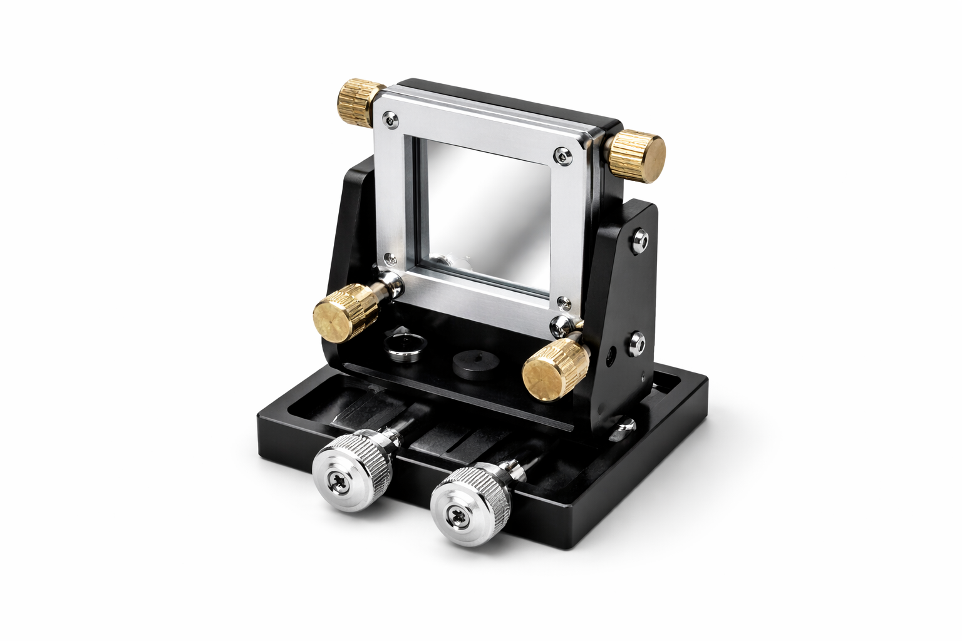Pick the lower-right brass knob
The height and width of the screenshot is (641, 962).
click(550, 371)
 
